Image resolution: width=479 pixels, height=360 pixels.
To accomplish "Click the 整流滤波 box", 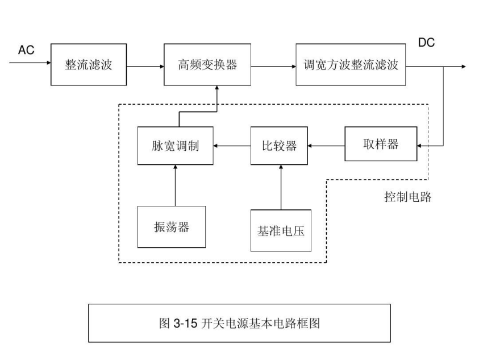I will (x=88, y=64).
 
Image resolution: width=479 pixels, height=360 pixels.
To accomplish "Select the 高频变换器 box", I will (x=207, y=64).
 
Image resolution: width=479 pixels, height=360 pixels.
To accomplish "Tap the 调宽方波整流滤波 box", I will (x=351, y=64).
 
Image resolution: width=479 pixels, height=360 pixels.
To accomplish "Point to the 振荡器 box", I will (x=172, y=227).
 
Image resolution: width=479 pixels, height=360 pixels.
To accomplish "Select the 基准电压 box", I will (x=281, y=230).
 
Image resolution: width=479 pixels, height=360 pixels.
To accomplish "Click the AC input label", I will (x=26, y=51).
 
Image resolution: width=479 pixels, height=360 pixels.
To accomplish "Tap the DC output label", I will (x=426, y=43).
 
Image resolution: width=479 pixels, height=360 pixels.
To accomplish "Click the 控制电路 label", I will (x=407, y=197).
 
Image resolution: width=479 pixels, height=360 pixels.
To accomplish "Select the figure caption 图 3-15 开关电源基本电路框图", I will (x=239, y=323).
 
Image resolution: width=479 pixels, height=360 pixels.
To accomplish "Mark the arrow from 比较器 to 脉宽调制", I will (x=224, y=146).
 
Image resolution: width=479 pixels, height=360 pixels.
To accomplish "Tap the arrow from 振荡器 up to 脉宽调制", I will (x=176, y=185).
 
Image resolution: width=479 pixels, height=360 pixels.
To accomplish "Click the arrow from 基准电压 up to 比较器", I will (x=281, y=188).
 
